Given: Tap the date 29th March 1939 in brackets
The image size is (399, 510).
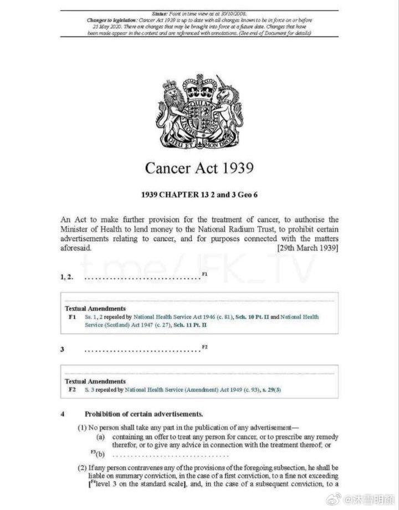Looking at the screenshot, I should (308, 248).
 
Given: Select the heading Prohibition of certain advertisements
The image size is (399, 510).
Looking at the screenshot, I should (144, 414).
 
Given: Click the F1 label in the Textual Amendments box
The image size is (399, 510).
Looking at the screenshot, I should (71, 317).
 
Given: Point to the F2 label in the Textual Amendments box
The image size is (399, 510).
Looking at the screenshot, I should (71, 390).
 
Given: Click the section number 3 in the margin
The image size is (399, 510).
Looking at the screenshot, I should (63, 349).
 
